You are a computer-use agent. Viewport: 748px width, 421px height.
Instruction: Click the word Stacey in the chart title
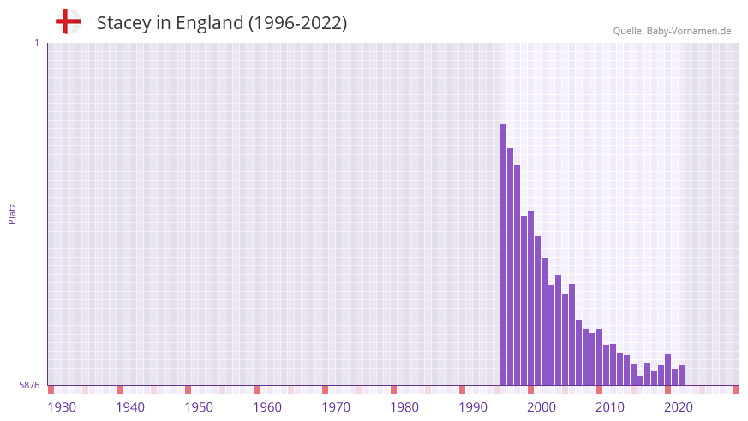[123, 23]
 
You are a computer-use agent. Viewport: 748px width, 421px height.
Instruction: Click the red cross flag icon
[69, 21]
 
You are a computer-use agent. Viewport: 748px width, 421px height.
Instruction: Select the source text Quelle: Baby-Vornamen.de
[672, 31]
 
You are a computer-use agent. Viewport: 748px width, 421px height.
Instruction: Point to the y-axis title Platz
[12, 213]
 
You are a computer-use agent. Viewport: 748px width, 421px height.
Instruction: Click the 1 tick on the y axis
[36, 43]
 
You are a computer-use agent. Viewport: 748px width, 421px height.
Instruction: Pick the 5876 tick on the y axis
[29, 386]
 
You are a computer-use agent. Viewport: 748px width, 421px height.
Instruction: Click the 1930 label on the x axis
[62, 407]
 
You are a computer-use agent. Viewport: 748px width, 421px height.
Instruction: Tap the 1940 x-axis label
[130, 407]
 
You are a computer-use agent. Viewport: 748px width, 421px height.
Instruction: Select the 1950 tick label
[199, 407]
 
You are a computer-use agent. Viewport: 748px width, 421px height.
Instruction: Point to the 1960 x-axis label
[267, 407]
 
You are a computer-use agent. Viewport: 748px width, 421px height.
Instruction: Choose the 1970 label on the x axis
[336, 407]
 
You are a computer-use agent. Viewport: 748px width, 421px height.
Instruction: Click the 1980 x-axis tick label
[404, 407]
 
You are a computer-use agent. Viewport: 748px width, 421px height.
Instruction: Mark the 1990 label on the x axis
[473, 407]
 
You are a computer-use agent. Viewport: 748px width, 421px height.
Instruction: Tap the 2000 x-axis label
[542, 407]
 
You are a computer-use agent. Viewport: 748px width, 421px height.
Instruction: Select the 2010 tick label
[610, 407]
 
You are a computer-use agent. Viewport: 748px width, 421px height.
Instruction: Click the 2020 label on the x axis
[679, 407]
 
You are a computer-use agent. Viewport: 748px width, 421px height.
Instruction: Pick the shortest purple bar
[640, 381]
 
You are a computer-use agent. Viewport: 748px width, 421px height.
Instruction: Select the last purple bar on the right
[681, 376]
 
